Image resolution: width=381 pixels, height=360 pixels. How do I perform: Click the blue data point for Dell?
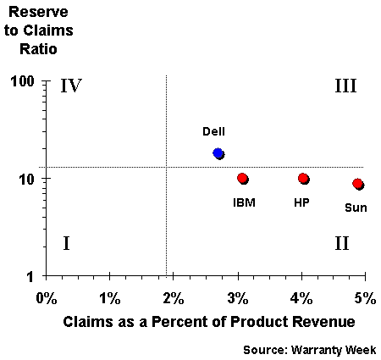(218, 152)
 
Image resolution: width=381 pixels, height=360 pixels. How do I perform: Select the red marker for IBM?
(242, 178)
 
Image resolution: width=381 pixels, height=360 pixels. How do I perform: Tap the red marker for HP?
(303, 178)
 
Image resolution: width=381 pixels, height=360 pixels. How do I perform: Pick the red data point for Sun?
(357, 184)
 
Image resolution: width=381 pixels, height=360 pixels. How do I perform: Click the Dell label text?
(213, 131)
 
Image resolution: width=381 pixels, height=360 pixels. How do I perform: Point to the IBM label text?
(244, 202)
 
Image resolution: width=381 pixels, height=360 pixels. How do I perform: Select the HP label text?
(301, 202)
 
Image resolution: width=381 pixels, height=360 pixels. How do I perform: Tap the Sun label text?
(356, 208)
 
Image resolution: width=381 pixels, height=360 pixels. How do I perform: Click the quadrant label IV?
(71, 86)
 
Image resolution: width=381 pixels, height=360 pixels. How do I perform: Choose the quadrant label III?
(345, 86)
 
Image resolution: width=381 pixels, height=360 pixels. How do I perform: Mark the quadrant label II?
(342, 243)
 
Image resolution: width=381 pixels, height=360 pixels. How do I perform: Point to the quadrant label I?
(66, 243)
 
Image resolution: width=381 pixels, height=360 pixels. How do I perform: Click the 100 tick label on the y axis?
(22, 81)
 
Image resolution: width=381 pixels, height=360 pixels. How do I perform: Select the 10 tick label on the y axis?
(27, 179)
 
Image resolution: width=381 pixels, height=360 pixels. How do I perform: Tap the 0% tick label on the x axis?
(47, 298)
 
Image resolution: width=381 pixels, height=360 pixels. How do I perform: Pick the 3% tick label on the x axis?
(238, 298)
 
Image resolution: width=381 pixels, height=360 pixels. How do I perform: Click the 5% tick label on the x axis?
(365, 298)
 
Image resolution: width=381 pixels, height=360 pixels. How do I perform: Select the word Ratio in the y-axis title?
(38, 49)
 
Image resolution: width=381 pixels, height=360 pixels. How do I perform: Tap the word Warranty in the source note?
(317, 350)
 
